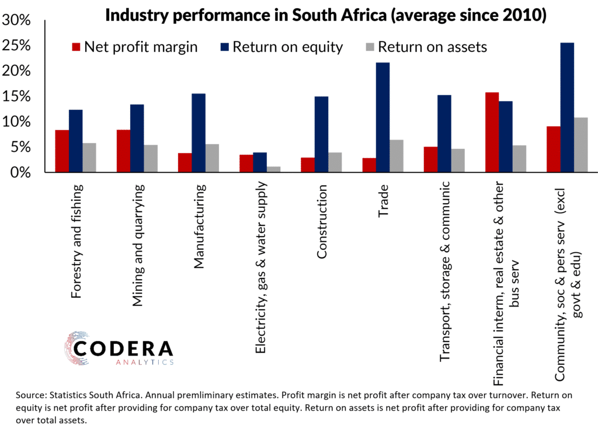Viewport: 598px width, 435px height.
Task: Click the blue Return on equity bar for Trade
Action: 383,117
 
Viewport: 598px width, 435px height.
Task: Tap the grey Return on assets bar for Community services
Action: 580,145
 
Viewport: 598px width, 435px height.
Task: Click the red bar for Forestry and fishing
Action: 62,151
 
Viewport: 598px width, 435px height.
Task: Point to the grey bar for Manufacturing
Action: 212,158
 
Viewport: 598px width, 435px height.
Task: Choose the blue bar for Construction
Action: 321,134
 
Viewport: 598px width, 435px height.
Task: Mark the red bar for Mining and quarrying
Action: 123,151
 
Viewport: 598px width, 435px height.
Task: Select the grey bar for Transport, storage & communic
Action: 457,161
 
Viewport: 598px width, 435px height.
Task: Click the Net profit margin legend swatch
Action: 76,47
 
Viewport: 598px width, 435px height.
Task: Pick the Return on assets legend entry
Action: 432,47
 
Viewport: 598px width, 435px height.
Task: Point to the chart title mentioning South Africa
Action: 325,16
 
